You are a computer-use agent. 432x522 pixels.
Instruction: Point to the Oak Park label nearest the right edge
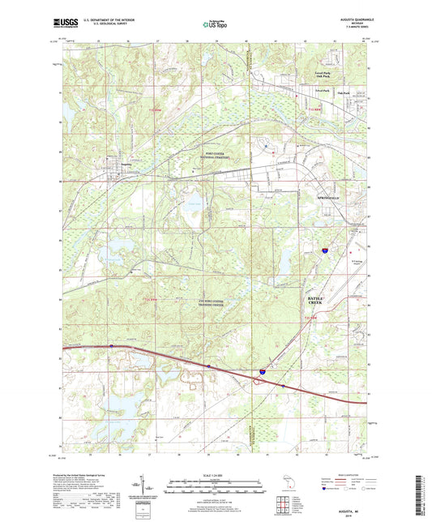tap(350, 92)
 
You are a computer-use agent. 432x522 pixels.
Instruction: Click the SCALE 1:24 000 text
tap(215, 476)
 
